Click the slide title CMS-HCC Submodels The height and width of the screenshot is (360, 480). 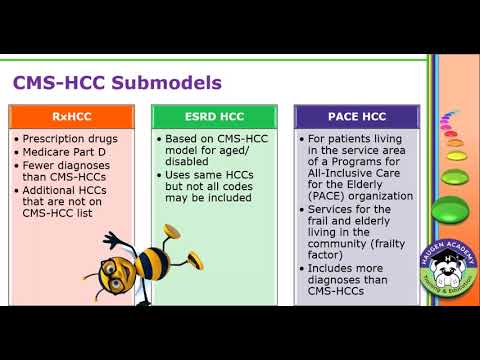pos(117,81)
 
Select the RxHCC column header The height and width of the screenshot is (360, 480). pos(78,116)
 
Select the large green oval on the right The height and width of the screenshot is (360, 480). pos(450,212)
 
